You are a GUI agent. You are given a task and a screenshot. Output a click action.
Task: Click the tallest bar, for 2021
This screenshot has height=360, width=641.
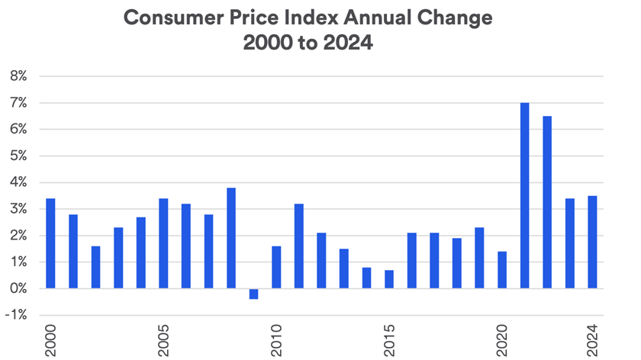pyautogui.click(x=525, y=196)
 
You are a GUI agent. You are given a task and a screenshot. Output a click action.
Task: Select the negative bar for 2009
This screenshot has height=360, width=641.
pyautogui.click(x=253, y=294)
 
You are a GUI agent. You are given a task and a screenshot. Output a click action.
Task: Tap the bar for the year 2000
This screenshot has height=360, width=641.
pyautogui.click(x=50, y=243)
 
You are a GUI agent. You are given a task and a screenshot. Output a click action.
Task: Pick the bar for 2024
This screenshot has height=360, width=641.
pyautogui.click(x=592, y=243)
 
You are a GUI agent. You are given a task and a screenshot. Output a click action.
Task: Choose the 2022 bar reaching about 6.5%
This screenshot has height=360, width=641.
pyautogui.click(x=547, y=202)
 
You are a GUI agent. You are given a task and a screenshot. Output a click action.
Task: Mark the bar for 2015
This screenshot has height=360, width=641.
pyautogui.click(x=389, y=279)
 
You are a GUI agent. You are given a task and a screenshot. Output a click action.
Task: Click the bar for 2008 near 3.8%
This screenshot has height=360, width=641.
pyautogui.click(x=231, y=238)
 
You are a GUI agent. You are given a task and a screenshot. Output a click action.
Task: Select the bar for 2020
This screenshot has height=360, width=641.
pyautogui.click(x=502, y=270)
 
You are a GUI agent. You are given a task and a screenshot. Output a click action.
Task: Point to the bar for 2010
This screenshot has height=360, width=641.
pyautogui.click(x=276, y=267)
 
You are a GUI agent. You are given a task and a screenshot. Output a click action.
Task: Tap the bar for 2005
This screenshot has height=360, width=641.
pyautogui.click(x=163, y=243)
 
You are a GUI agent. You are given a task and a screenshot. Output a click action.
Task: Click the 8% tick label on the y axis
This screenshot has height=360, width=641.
pyautogui.click(x=18, y=76)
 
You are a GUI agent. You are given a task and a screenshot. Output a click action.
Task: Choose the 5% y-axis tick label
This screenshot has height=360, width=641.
pyautogui.click(x=18, y=156)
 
